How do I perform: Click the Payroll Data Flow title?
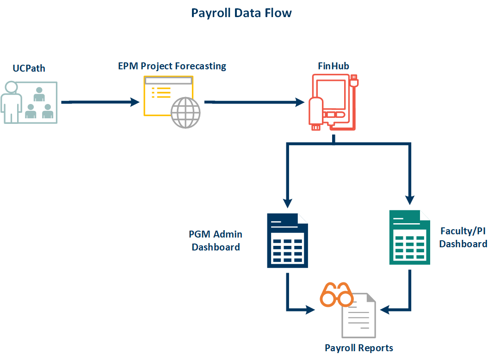[x=241, y=12]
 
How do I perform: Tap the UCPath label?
[x=29, y=69]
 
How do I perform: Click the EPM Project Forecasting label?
[x=172, y=66]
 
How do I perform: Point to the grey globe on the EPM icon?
[x=186, y=113]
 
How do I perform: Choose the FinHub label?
[x=333, y=66]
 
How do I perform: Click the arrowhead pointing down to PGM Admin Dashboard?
[x=288, y=201]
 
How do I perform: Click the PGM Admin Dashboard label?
[x=216, y=241]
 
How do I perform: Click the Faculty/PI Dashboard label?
[x=463, y=237]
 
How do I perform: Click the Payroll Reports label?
[x=359, y=348]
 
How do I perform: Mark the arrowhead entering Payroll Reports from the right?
[x=384, y=310]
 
